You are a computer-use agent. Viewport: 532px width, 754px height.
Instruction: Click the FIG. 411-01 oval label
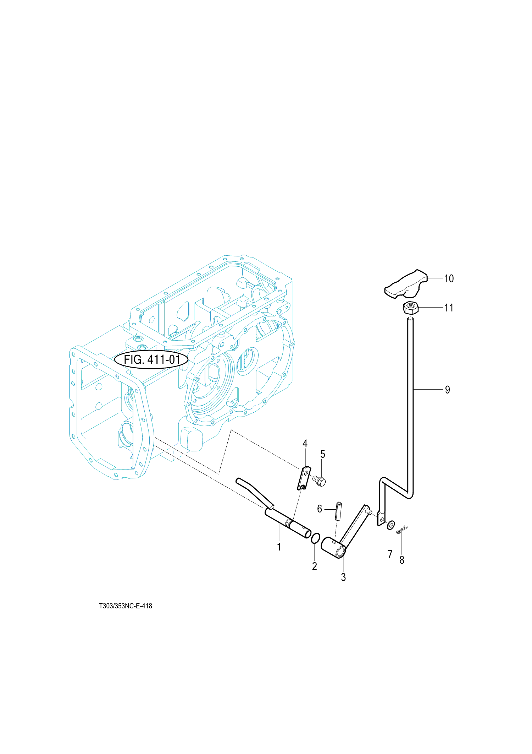[x=151, y=360]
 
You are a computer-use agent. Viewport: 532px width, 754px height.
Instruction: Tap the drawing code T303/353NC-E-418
[x=126, y=606]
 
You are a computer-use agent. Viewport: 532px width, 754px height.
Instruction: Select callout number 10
[x=449, y=278]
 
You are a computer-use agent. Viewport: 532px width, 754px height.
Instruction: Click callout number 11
[x=449, y=308]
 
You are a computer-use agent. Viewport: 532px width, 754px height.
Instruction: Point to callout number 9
[x=448, y=390]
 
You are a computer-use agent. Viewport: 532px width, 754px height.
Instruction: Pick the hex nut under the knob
[x=411, y=307]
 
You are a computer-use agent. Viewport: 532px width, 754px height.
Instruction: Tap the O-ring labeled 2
[x=315, y=538]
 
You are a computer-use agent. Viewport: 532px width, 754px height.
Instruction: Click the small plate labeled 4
[x=304, y=478]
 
